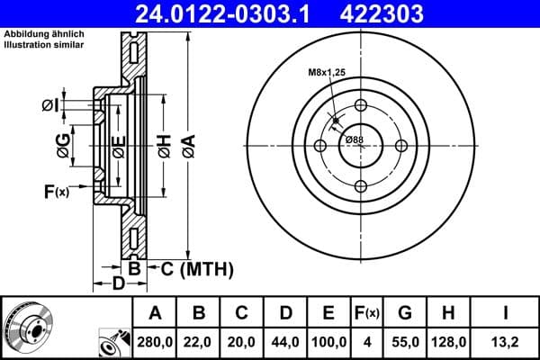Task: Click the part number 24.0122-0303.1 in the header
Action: pos(226,13)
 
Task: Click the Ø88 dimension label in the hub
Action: pos(354,139)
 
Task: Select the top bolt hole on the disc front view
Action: pos(361,106)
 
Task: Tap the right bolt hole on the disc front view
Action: pos(400,146)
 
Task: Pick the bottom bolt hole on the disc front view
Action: pos(361,185)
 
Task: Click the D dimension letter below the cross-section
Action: pos(119,284)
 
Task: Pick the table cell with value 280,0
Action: pos(155,343)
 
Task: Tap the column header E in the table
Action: pos(328,314)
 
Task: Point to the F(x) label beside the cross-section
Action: pos(56,191)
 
